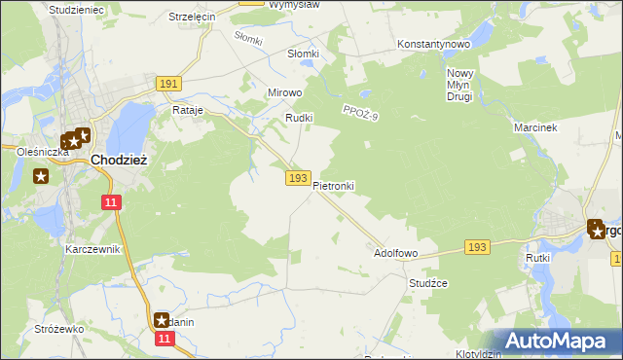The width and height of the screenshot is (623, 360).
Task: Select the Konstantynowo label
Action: click(x=434, y=45)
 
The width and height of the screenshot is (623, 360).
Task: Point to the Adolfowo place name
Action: click(x=396, y=253)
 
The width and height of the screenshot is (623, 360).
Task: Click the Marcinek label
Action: click(x=533, y=127)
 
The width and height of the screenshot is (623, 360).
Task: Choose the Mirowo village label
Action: click(x=285, y=92)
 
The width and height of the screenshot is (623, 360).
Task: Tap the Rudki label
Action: click(x=297, y=118)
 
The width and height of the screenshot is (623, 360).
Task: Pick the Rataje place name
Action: click(x=187, y=111)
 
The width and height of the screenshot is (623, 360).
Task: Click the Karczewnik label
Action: click(x=92, y=249)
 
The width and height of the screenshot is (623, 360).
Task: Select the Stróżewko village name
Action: click(x=59, y=330)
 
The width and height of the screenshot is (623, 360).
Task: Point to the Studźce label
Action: click(x=427, y=283)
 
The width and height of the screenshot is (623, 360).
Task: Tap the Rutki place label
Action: click(x=538, y=258)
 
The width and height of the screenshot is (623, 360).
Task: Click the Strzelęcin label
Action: click(x=192, y=18)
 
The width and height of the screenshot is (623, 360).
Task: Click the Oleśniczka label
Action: click(x=43, y=152)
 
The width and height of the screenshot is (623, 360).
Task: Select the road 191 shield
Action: click(x=167, y=85)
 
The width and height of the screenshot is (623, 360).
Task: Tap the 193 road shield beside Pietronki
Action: click(x=298, y=178)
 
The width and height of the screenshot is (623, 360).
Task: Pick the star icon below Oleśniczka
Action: click(x=41, y=176)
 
